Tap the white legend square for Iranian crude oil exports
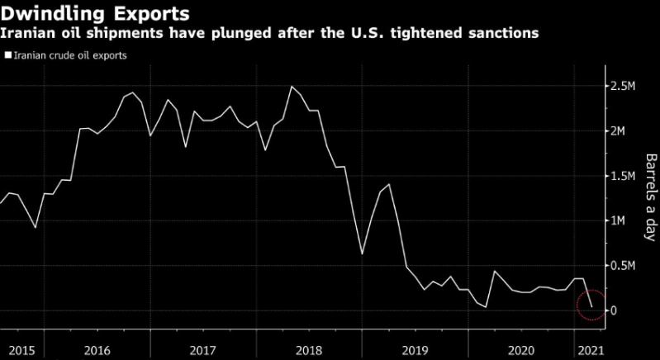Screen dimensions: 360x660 pyautogui.click(x=7, y=56)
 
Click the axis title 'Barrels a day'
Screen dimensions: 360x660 pyautogui.click(x=650, y=197)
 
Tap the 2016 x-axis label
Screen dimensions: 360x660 pyautogui.click(x=97, y=349)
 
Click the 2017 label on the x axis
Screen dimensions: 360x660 pyautogui.click(x=202, y=349)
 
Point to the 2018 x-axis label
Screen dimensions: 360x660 pyautogui.click(x=308, y=349)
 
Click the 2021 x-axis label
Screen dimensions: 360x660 pyautogui.click(x=587, y=349)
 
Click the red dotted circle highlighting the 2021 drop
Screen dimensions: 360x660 pyautogui.click(x=589, y=305)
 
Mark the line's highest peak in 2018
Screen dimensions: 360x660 pyautogui.click(x=291, y=86)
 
